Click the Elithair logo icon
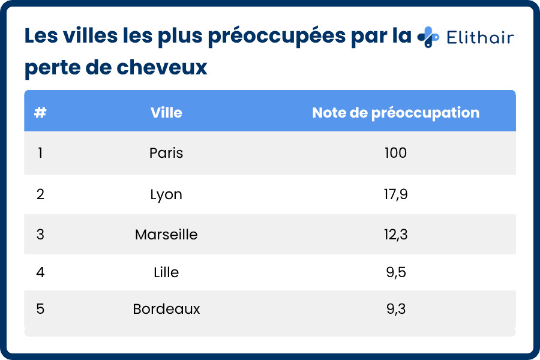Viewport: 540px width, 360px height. [428, 37]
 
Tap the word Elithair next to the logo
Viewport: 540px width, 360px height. [480, 38]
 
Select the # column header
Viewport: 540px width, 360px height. [40, 112]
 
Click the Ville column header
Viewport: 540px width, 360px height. [166, 112]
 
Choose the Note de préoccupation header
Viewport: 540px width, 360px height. [395, 112]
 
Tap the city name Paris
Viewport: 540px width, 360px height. [166, 153]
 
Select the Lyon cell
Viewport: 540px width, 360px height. [166, 194]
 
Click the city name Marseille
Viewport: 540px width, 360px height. [166, 234]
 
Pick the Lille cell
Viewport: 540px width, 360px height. [166, 272]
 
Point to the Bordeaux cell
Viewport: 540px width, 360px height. [166, 309]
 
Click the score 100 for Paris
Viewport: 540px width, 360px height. [395, 153]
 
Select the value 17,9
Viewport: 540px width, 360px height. [395, 194]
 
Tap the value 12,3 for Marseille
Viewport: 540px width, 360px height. [395, 234]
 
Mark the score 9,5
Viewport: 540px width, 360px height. [395, 272]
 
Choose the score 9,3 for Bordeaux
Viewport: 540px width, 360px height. [395, 309]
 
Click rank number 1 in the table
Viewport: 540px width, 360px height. [40, 153]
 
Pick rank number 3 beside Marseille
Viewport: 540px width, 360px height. [40, 234]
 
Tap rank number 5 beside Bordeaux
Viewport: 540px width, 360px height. [40, 309]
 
